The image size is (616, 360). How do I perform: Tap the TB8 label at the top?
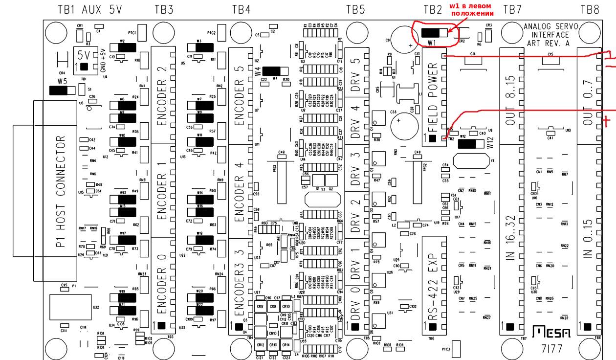click(x=590, y=9)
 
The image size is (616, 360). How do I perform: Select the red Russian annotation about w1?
click(x=471, y=10)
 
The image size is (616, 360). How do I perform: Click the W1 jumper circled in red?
click(x=434, y=33)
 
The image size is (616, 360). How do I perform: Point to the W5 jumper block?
click(x=63, y=90)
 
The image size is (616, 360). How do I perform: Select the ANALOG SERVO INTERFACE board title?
click(x=550, y=35)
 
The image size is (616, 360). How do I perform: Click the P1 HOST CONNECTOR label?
click(x=61, y=191)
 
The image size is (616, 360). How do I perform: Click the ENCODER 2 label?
click(x=162, y=96)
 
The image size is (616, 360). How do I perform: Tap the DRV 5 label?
click(x=356, y=69)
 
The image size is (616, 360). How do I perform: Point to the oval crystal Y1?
click(x=471, y=160)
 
